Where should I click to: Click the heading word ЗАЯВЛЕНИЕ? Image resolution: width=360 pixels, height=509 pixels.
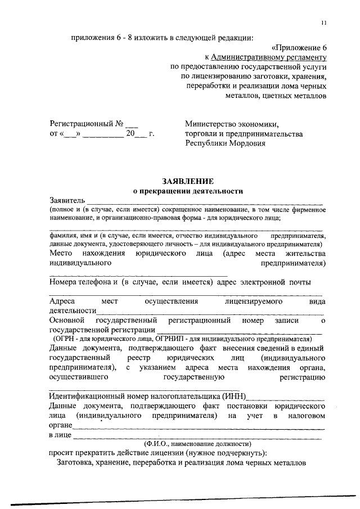click(x=188, y=181)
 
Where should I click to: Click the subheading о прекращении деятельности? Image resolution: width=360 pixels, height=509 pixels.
click(x=188, y=191)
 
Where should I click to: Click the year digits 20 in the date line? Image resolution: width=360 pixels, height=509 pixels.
click(x=130, y=134)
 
